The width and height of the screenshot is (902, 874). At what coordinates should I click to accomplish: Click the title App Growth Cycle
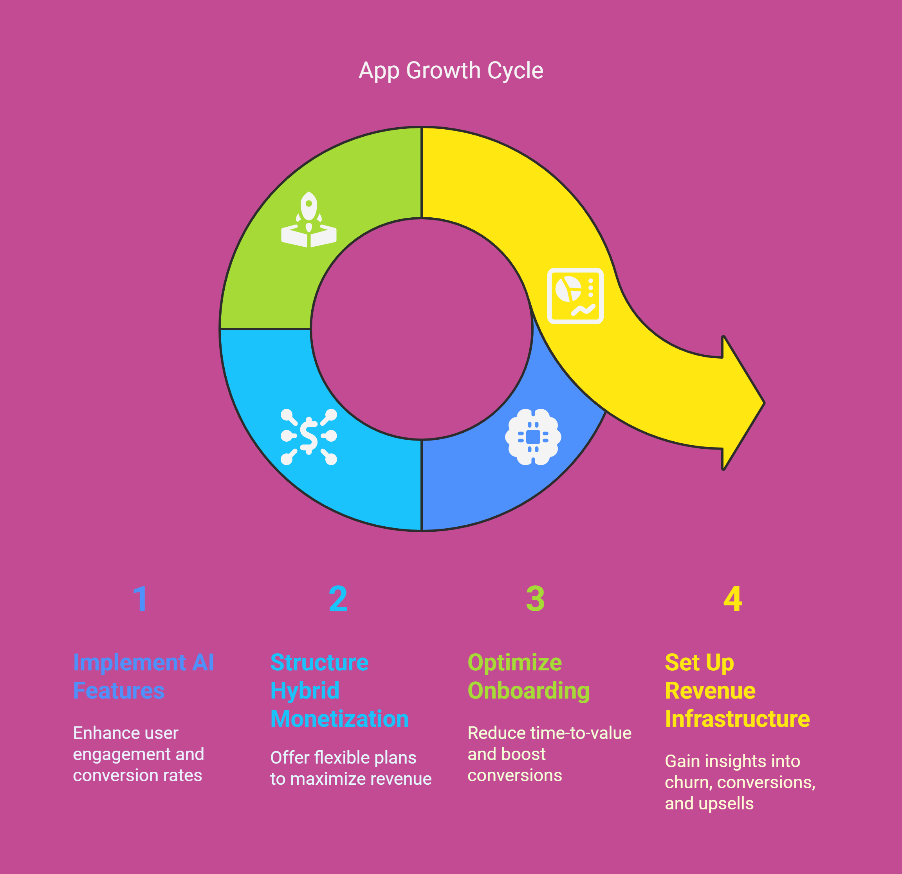(x=451, y=71)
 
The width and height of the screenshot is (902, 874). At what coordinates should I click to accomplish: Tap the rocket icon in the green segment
(x=309, y=220)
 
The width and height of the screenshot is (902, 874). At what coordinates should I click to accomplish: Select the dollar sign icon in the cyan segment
(x=309, y=437)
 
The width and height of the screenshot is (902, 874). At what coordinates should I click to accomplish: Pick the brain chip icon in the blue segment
(x=533, y=437)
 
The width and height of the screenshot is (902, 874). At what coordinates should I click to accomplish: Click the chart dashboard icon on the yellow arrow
(x=575, y=296)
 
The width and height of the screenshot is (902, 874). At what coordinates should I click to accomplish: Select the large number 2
(x=338, y=599)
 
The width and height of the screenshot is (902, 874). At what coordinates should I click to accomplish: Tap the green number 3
(x=535, y=599)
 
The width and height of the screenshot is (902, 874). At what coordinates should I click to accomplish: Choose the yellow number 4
(x=732, y=599)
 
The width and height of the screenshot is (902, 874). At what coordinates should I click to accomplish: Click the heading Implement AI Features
(x=144, y=677)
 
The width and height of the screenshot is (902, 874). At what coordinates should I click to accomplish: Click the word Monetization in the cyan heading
(x=340, y=719)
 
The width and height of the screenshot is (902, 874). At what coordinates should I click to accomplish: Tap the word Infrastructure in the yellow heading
(x=737, y=719)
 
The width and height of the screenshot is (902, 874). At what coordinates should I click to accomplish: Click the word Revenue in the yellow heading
(x=710, y=691)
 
